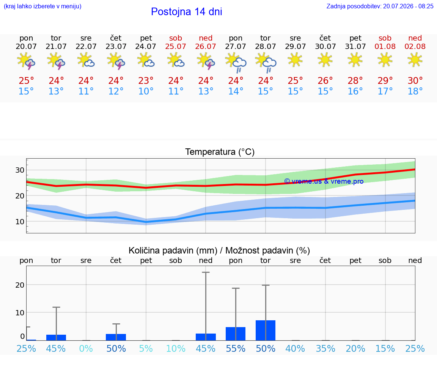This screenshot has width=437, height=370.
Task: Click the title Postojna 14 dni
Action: point(187,12)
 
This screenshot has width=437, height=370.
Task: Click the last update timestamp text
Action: point(380,6)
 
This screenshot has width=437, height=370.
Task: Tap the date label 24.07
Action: point(146,47)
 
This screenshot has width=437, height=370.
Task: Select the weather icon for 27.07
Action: point(236,63)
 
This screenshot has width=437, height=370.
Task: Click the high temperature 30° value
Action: point(415,81)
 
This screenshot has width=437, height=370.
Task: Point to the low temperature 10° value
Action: point(146,91)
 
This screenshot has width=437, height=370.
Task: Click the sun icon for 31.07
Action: point(355,60)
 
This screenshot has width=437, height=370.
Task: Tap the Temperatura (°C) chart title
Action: point(220,152)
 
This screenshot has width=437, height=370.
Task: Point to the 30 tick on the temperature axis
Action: point(20,170)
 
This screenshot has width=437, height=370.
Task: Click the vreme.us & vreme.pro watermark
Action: point(324,181)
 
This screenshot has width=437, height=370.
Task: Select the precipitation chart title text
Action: point(219,251)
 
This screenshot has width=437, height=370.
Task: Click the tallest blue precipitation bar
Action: point(266,331)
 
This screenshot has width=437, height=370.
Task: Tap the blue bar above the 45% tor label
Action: point(56,337)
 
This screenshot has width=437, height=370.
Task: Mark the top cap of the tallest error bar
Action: point(206,272)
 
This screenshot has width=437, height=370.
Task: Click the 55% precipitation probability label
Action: point(236,349)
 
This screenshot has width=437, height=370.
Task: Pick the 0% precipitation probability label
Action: point(86,349)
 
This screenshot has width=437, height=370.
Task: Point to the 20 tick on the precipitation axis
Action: point(20,285)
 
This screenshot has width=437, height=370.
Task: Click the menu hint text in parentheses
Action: point(42,6)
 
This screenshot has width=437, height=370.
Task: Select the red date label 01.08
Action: point(385,47)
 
